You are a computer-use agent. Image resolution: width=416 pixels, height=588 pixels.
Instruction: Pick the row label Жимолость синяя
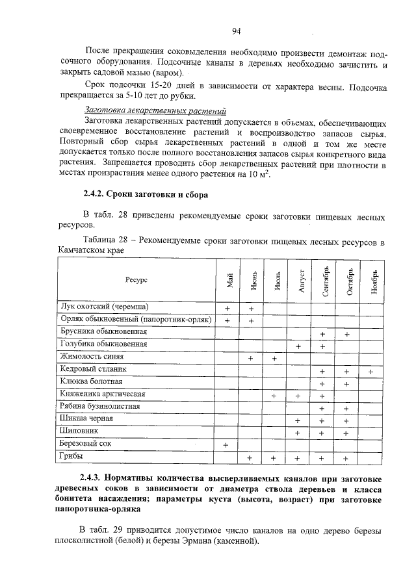click(x=92, y=357)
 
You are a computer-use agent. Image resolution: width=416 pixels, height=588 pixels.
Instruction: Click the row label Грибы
click(x=71, y=457)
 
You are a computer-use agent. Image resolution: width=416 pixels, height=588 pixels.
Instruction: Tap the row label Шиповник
click(x=78, y=431)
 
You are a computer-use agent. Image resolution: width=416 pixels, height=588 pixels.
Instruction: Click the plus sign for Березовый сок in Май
click(x=227, y=445)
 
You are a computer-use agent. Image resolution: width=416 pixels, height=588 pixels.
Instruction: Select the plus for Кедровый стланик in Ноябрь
click(x=370, y=371)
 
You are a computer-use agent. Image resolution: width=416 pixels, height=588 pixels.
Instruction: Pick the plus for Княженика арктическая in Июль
click(x=274, y=396)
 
